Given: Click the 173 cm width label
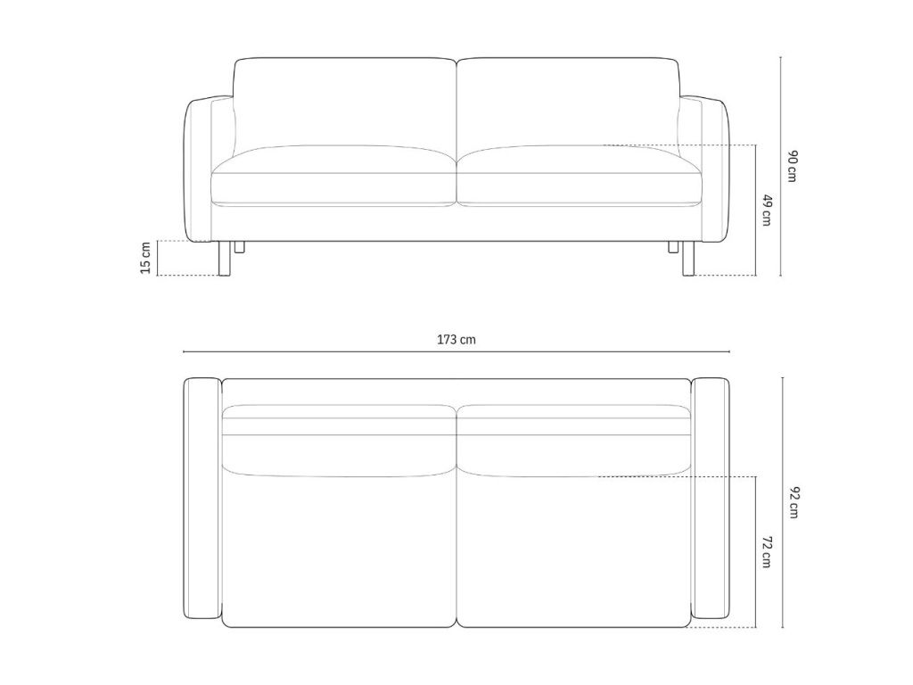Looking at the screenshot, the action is (x=456, y=339).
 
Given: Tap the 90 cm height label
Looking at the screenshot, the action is (x=792, y=166).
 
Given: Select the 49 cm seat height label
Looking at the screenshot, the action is (x=767, y=210).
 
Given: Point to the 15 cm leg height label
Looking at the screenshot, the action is (x=145, y=258).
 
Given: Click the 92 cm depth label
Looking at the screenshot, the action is (x=793, y=502).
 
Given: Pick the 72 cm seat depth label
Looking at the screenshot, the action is (x=767, y=552).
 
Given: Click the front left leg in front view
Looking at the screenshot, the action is (x=224, y=258).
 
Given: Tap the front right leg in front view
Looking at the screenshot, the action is (x=689, y=258).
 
